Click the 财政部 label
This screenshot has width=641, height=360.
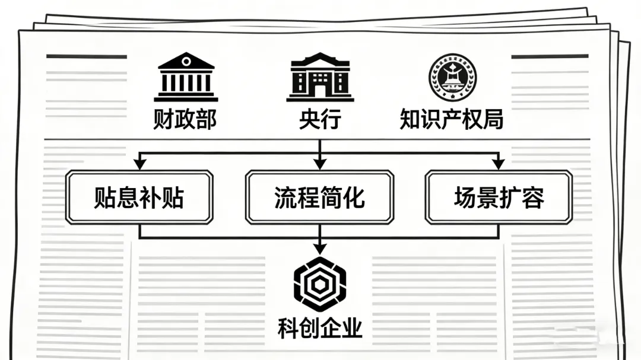pyautogui.click(x=185, y=119)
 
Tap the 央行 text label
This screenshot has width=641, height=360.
pyautogui.click(x=320, y=119)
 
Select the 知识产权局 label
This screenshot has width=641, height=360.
pyautogui.click(x=452, y=119)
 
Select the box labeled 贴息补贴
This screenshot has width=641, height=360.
pyautogui.click(x=139, y=197)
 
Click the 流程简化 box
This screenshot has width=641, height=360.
pyautogui.click(x=320, y=197)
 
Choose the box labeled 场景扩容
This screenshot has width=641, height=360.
pyautogui.click(x=499, y=197)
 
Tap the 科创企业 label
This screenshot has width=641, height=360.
pyautogui.click(x=320, y=327)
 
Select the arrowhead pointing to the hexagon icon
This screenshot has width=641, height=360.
pyautogui.click(x=320, y=248)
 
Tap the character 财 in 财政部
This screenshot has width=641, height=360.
pyautogui.click(x=164, y=119)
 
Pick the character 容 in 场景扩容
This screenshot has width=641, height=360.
pyautogui.click(x=532, y=197)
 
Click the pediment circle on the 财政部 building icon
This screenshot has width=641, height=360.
pyautogui.click(x=186, y=61)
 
